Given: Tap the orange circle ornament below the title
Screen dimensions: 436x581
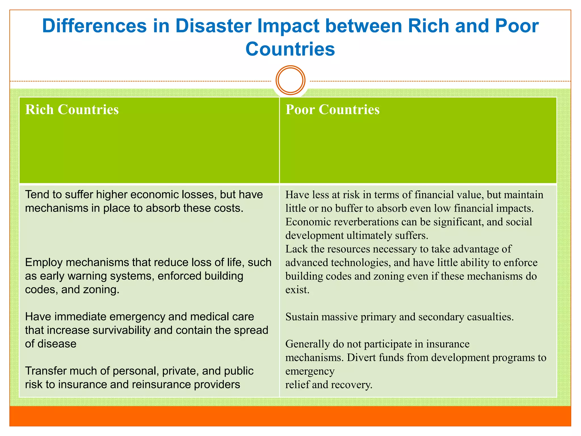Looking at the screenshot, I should tap(290, 80).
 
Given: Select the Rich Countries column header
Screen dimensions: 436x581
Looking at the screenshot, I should tap(72, 110).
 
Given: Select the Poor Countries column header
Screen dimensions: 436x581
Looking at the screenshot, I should tap(332, 110).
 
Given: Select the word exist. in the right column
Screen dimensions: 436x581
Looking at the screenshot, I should tap(297, 290).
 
